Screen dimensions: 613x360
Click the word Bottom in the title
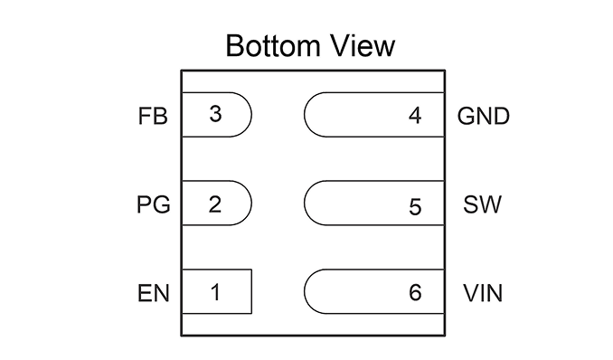point(273,46)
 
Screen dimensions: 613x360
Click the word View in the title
point(363,46)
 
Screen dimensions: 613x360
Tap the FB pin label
point(153,116)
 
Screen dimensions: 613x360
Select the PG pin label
point(154,204)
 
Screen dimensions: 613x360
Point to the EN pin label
point(154,293)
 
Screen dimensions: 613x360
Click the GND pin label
point(484,116)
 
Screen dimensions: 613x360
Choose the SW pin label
point(482,204)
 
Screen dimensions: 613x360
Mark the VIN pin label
point(483,293)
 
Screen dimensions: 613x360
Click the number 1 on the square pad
point(215,292)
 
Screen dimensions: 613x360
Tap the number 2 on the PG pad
point(215,204)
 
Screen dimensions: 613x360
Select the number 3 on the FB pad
point(215,114)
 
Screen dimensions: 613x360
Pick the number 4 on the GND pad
point(415,116)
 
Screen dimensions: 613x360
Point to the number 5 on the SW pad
point(415,207)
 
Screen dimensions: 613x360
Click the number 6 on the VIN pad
point(415,293)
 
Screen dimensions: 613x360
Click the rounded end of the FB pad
point(251,115)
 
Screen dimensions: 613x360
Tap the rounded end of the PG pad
point(251,204)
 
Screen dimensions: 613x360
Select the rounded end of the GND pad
point(305,115)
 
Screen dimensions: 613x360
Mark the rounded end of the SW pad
point(305,204)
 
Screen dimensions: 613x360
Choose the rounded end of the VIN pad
point(305,291)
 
